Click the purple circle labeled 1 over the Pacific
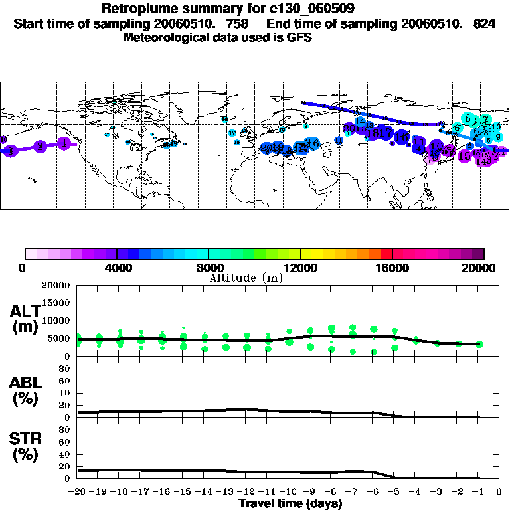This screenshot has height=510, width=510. point(63,143)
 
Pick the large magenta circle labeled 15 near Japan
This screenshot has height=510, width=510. point(464,156)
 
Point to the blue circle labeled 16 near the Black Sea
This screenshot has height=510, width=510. point(313,143)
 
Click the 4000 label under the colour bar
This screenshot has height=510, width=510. point(117,268)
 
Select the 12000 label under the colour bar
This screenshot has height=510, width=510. point(300,268)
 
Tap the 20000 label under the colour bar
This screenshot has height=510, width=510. point(483,268)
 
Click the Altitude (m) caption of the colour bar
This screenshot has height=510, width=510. point(246,278)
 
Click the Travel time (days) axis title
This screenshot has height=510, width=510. point(290,503)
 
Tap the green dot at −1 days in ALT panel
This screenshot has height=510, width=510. point(479,344)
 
